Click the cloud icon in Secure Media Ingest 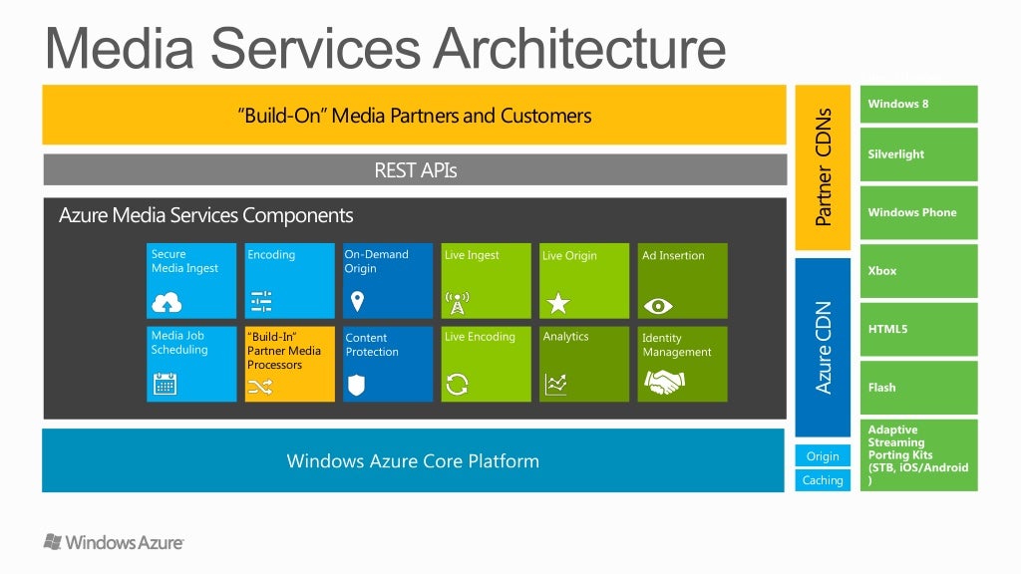(x=166, y=302)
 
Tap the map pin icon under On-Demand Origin (x=358, y=301)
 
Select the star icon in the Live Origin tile (x=558, y=302)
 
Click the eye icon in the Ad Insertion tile (x=657, y=304)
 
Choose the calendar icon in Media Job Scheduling (x=166, y=384)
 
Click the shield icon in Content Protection (x=358, y=385)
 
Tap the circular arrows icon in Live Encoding (x=458, y=384)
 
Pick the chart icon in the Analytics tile (x=556, y=384)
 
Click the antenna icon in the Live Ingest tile (x=457, y=302)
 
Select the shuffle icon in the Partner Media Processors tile (x=260, y=386)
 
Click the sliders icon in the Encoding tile (x=261, y=302)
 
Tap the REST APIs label (x=415, y=170)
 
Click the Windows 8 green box (x=918, y=105)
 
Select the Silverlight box (x=918, y=154)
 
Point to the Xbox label (x=882, y=271)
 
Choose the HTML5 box (x=918, y=329)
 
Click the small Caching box (x=823, y=480)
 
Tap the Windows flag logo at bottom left (x=53, y=541)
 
